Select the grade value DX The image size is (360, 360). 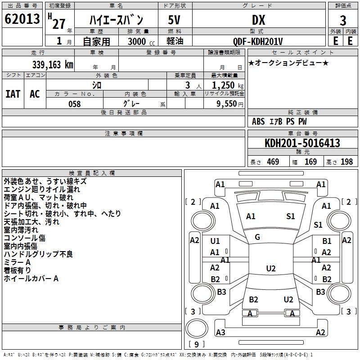(x=258, y=20)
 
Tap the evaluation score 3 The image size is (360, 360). (x=343, y=21)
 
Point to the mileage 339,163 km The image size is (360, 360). (x=53, y=64)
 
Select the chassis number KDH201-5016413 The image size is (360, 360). (x=302, y=143)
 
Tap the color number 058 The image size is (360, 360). (x=75, y=104)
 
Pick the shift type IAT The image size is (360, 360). (x=13, y=94)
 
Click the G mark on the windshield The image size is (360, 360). (x=257, y=237)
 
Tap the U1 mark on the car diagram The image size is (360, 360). (x=215, y=241)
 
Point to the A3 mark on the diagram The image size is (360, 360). (x=220, y=333)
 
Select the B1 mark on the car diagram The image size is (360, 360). (x=327, y=241)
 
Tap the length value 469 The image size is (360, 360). (x=273, y=162)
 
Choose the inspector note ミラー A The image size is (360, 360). (x=17, y=262)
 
